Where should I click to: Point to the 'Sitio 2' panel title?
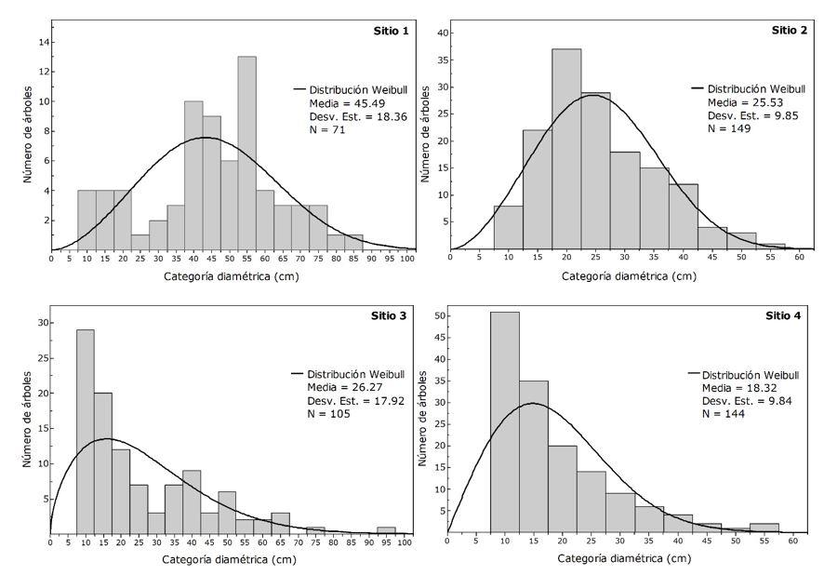point(791,30)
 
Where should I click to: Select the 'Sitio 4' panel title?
point(783,315)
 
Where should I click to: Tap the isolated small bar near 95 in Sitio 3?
point(386,530)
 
